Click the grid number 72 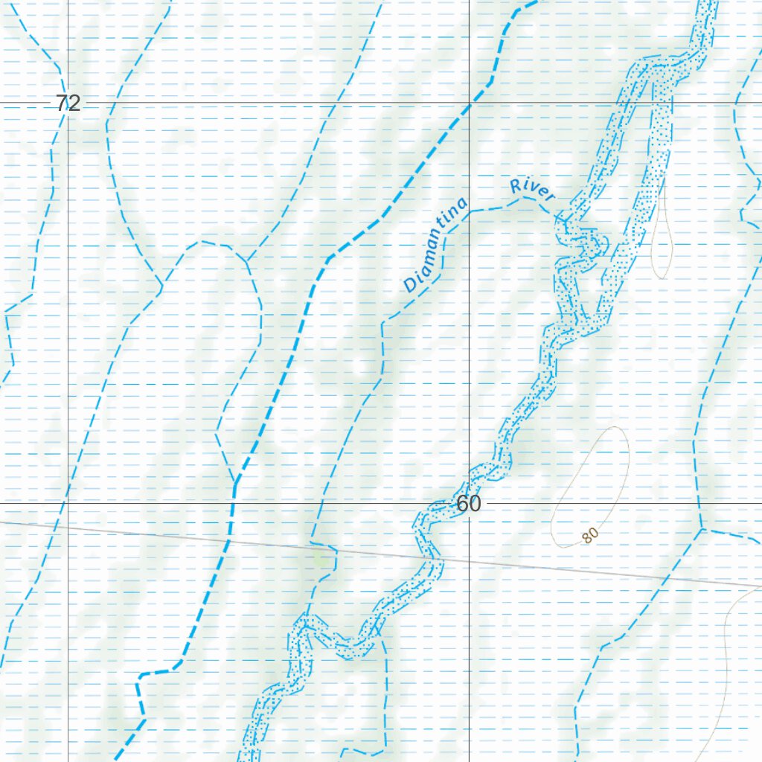68,103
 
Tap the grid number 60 469,504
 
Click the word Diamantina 437,244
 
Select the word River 533,190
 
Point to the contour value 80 590,535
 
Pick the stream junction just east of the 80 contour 701,529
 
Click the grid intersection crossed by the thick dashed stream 470,103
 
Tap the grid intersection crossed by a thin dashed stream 68,503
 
